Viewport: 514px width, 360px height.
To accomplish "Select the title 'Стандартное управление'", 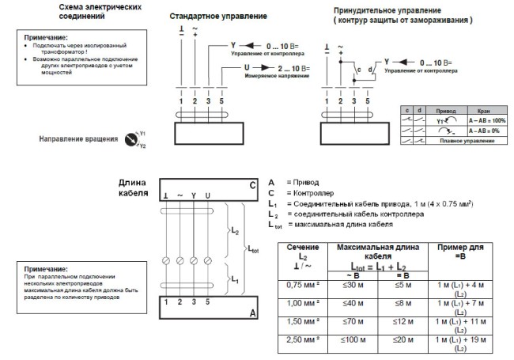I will click(x=217, y=16).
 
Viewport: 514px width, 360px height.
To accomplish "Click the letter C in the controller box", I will click(x=252, y=186).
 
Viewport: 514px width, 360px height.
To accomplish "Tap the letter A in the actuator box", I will click(x=253, y=313).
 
